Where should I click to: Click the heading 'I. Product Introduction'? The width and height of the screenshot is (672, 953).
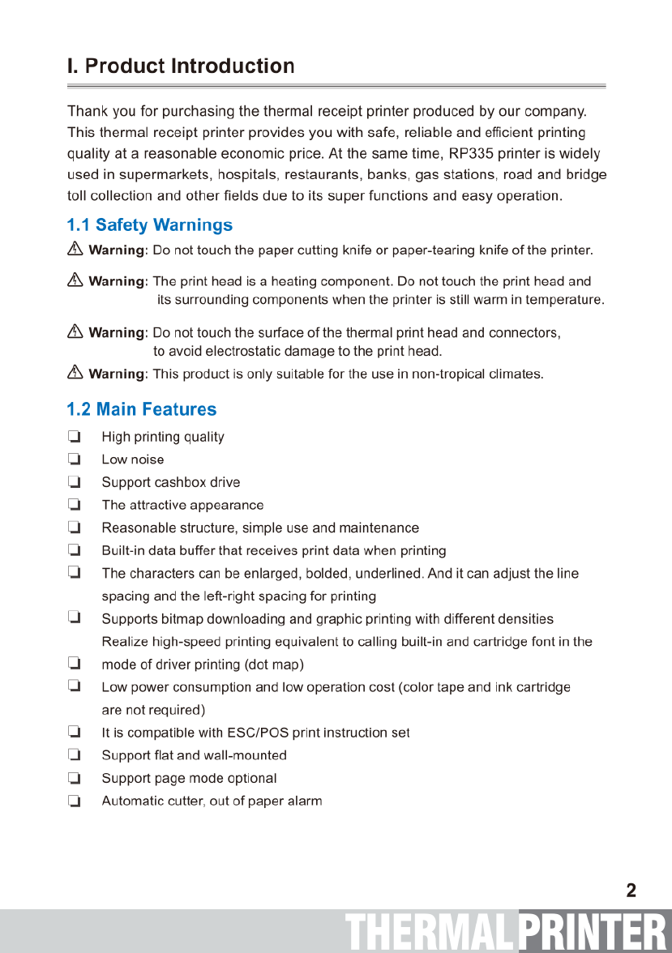tap(181, 66)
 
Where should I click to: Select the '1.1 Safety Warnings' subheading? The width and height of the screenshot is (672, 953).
tap(150, 225)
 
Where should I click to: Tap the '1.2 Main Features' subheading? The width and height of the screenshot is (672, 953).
tap(142, 409)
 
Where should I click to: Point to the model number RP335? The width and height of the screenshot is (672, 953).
tap(471, 154)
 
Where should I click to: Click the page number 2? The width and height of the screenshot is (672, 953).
tap(631, 891)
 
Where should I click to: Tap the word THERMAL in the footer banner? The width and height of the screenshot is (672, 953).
tap(430, 932)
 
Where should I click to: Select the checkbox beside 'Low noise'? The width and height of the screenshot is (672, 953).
tap(75, 459)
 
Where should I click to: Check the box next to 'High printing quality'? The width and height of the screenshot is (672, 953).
tap(75, 437)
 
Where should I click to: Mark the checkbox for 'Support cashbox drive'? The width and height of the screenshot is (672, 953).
tap(75, 482)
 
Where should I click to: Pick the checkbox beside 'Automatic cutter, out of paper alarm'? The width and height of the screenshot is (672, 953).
tap(75, 801)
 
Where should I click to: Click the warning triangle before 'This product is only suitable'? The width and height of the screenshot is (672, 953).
tap(75, 373)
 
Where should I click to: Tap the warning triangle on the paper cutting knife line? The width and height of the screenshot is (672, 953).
tap(75, 250)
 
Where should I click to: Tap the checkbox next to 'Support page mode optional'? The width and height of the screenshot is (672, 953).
tap(75, 778)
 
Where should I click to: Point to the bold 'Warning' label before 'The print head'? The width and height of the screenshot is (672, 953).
tap(116, 281)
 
